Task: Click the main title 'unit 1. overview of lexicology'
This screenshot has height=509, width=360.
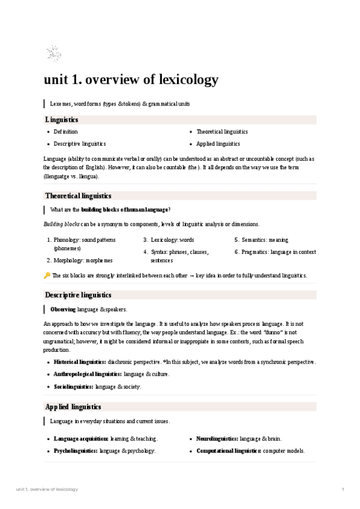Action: pyautogui.click(x=131, y=80)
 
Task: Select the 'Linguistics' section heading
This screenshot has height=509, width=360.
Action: pyautogui.click(x=62, y=119)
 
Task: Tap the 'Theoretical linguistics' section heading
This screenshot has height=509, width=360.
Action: pyautogui.click(x=78, y=196)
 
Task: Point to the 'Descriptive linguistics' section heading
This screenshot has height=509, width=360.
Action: pyautogui.click(x=78, y=295)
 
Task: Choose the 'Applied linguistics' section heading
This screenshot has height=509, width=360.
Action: pyautogui.click(x=73, y=407)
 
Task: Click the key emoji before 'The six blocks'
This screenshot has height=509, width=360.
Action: pyautogui.click(x=47, y=276)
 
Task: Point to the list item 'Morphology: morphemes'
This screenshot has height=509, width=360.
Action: pyautogui.click(x=83, y=261)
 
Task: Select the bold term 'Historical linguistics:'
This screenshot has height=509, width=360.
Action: pyautogui.click(x=80, y=362)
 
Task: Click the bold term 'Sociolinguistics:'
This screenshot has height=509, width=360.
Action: pyautogui.click(x=73, y=387)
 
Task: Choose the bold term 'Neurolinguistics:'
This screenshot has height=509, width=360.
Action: pyautogui.click(x=217, y=439)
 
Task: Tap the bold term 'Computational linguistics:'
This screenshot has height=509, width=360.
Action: pyautogui.click(x=229, y=451)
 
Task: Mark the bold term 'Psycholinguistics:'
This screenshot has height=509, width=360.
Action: pyautogui.click(x=76, y=451)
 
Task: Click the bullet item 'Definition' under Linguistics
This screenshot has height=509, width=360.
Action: pyautogui.click(x=65, y=131)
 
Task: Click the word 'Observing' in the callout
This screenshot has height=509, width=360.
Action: pyautogui.click(x=63, y=309)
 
